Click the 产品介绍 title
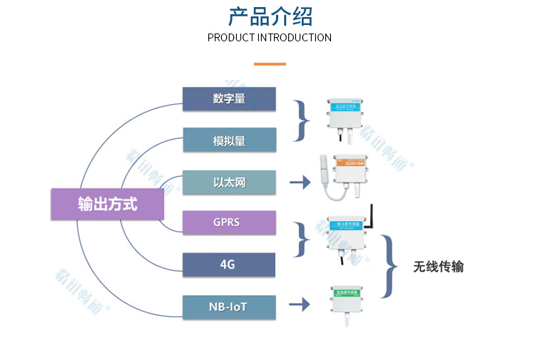pos(270,17)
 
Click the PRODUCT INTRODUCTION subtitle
pos(270,38)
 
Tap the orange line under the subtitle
pos(270,64)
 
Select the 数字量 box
pos(229,99)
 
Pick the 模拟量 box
pos(229,140)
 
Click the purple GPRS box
pos(229,222)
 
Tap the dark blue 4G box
pos(229,264)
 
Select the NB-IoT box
pos(229,307)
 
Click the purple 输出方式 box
pos(108,204)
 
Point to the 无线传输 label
pos(438,267)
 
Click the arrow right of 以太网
pos(300,182)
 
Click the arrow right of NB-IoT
pos(300,305)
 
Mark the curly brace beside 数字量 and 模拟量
pos(302,120)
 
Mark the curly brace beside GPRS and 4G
pos(302,239)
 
